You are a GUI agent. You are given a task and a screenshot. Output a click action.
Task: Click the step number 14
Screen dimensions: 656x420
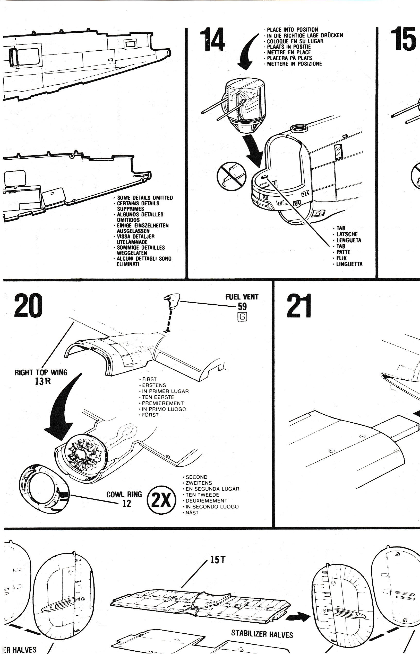(212, 40)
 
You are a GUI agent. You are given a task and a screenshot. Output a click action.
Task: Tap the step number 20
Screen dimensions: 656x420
(28, 305)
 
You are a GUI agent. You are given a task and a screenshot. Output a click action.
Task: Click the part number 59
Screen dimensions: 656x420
(242, 306)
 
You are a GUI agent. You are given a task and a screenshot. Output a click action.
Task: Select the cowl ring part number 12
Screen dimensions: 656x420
(127, 504)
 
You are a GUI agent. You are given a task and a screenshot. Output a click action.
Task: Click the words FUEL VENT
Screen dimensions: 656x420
(242, 297)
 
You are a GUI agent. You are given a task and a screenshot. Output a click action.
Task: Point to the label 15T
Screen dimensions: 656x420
(218, 560)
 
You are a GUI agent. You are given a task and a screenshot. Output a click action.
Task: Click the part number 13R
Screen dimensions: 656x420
(43, 381)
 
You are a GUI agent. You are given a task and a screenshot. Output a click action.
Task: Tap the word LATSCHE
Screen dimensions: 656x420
(347, 234)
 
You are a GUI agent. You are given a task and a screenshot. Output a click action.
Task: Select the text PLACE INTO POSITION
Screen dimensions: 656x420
(292, 30)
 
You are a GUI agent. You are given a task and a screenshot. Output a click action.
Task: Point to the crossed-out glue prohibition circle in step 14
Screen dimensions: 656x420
(232, 176)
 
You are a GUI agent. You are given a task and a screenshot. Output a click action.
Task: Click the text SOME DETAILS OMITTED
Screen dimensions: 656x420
(145, 198)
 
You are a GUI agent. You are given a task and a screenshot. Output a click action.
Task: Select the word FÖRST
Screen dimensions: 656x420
(150, 415)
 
